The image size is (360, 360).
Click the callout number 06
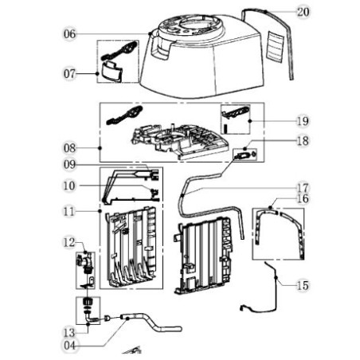pyautogui.click(x=70, y=34)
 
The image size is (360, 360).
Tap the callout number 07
pyautogui.click(x=70, y=73)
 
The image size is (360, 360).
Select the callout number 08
pyautogui.click(x=70, y=148)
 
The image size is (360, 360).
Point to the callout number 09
pyautogui.click(x=70, y=166)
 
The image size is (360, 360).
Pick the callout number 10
pyautogui.click(x=70, y=186)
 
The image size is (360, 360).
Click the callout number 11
pyautogui.click(x=70, y=212)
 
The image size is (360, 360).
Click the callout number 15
pyautogui.click(x=302, y=285)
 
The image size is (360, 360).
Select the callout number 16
pyautogui.click(x=302, y=198)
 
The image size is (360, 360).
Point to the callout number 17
pyautogui.click(x=302, y=188)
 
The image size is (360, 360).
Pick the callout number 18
pyautogui.click(x=302, y=141)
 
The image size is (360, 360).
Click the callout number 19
pyautogui.click(x=302, y=121)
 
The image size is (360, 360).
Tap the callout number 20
pyautogui.click(x=302, y=12)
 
